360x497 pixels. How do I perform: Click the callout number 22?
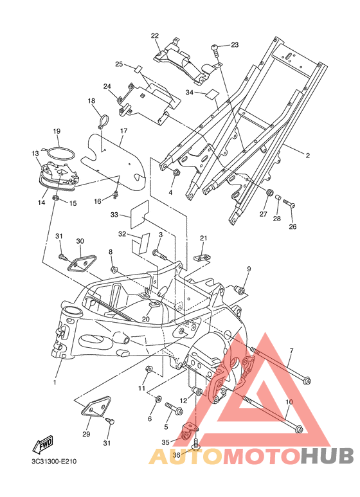(x=155, y=36)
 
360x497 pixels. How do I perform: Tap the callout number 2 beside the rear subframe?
(x=307, y=156)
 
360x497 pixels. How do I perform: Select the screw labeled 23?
(x=215, y=50)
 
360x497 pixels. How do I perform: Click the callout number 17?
(x=123, y=131)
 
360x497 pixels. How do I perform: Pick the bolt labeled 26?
(x=289, y=203)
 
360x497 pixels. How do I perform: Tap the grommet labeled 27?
(x=269, y=193)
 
